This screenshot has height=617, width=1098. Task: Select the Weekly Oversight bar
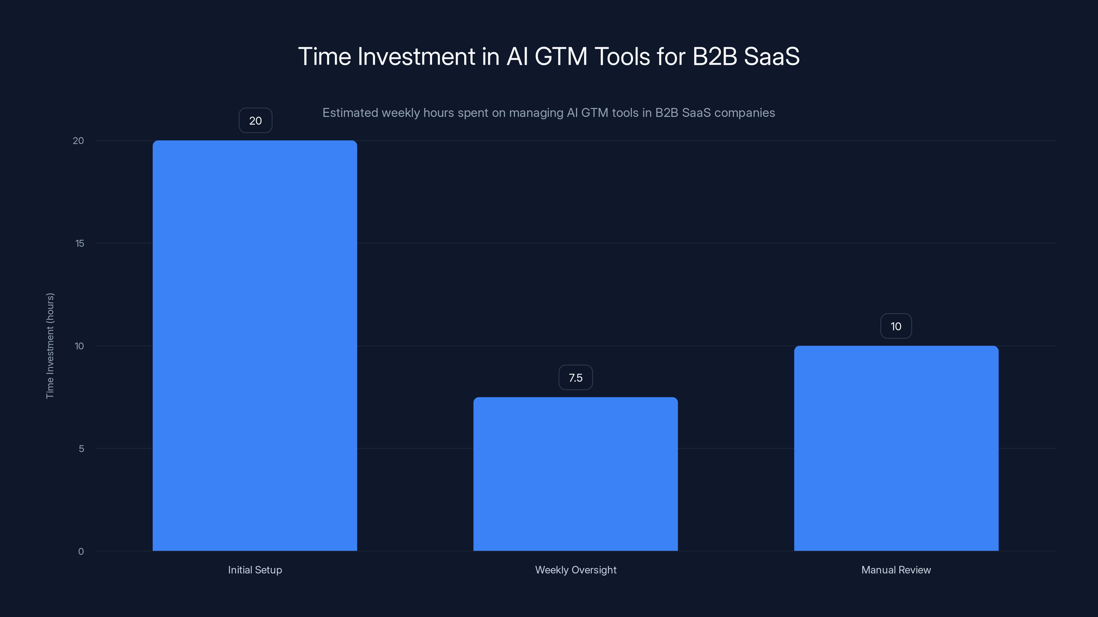coord(575,474)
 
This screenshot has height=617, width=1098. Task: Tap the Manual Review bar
coord(896,448)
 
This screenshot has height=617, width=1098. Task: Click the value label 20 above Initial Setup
coord(255,121)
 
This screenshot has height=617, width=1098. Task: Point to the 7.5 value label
coord(575,378)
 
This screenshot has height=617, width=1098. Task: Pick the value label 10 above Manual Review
coord(896,326)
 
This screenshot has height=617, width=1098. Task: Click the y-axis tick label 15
coord(80,243)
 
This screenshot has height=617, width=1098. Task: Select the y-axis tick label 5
coord(81,448)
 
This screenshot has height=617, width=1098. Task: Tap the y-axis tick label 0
coord(81,552)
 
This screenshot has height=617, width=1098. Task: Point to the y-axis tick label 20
coord(79,141)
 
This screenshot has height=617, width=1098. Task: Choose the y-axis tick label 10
coord(79,346)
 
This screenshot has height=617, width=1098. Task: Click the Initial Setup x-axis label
coord(255,570)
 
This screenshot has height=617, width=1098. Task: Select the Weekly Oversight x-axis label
coord(575,570)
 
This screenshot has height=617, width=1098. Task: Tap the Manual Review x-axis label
coord(896,570)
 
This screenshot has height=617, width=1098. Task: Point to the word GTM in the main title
coord(561,56)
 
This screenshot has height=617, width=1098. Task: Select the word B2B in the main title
coord(715,56)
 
